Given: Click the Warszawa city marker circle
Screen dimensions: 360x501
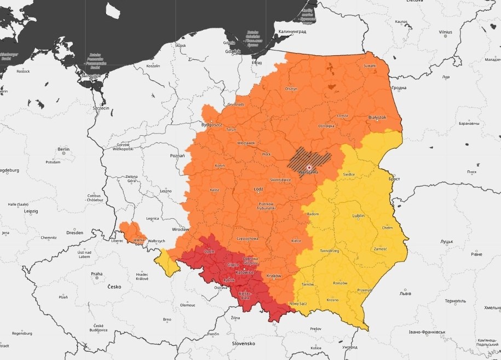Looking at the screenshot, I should [309, 167].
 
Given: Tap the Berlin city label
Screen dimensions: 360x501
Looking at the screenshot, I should [64, 149].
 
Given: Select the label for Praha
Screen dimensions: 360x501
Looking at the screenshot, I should [97, 274].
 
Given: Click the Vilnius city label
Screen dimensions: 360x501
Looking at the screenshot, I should [446, 32].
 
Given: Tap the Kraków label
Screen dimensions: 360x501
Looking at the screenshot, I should [273, 276].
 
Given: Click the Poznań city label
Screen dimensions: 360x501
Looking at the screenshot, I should [177, 156].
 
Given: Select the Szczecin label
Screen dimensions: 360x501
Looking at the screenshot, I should [101, 108].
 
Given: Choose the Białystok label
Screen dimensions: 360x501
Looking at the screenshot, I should [377, 117].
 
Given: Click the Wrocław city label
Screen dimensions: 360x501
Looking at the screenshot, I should [180, 229].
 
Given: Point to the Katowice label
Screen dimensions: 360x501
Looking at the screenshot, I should [244, 272].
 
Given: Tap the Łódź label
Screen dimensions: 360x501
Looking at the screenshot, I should [258, 189].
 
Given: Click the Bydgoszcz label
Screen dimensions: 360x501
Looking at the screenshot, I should [212, 125].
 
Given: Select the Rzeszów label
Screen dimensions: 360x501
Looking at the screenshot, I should [340, 283].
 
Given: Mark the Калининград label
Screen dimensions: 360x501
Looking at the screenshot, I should [292, 32].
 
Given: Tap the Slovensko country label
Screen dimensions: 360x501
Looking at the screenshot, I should [244, 343].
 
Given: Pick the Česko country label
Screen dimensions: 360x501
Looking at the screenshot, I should [114, 286].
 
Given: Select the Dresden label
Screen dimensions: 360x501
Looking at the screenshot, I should [74, 232].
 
